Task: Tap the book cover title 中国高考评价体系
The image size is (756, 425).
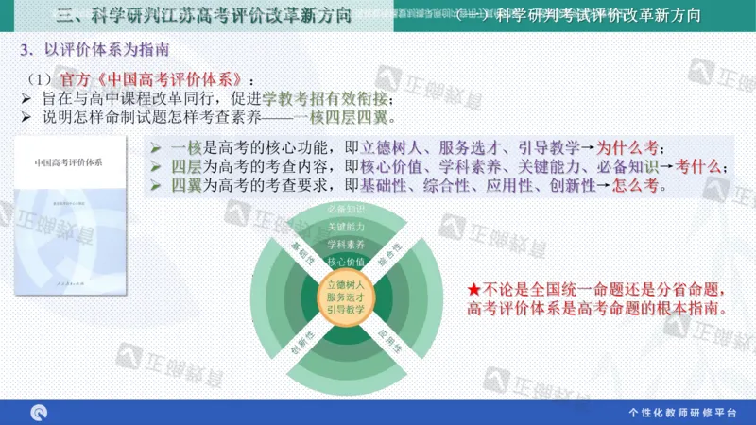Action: [x=68, y=162]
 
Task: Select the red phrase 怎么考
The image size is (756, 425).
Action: [x=639, y=186]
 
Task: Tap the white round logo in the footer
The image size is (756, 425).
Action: [x=40, y=412]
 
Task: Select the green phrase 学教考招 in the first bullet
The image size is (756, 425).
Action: [x=293, y=99]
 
